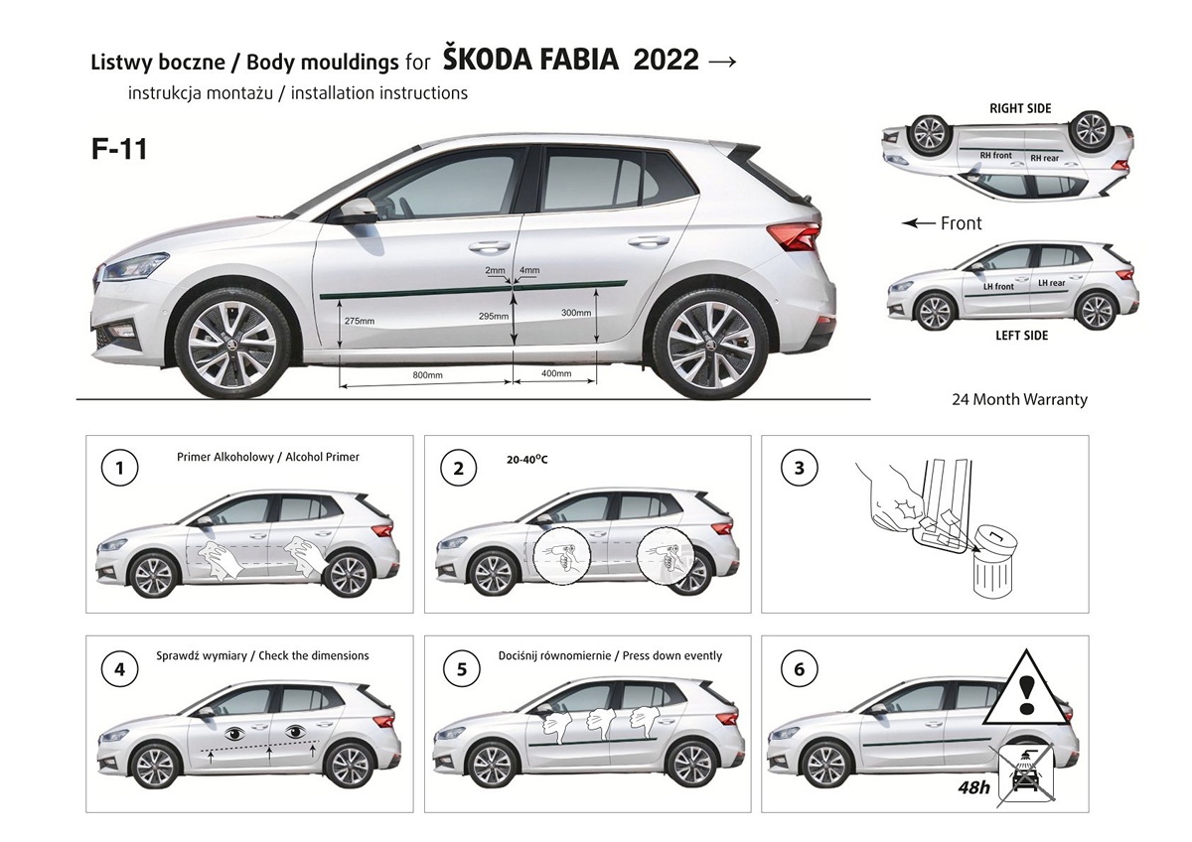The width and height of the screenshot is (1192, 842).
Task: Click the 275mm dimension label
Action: click(x=360, y=321)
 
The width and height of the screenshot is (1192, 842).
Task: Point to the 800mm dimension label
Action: click(x=427, y=375)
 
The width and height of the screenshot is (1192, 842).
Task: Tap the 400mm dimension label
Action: click(x=556, y=373)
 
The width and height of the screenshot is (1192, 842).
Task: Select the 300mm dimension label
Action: click(x=576, y=313)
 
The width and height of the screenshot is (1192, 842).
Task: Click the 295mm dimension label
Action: click(x=494, y=316)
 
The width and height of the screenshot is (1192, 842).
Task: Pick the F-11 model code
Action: click(x=119, y=149)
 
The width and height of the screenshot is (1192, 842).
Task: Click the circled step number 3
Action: click(x=799, y=468)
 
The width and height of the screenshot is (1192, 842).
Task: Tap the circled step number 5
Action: click(x=461, y=668)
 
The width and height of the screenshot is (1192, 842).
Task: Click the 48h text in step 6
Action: click(x=973, y=786)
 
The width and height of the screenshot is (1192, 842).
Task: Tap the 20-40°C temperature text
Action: click(x=526, y=459)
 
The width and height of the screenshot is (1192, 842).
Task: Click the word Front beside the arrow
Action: click(x=962, y=223)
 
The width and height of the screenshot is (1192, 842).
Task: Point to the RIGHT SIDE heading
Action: click(x=1020, y=108)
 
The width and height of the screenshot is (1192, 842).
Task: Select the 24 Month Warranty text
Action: click(x=1019, y=399)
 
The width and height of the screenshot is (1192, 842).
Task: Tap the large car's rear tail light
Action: click(x=794, y=235)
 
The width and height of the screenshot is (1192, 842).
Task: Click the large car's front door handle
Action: click(x=489, y=246)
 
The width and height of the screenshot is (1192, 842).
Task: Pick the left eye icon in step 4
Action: click(x=234, y=734)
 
